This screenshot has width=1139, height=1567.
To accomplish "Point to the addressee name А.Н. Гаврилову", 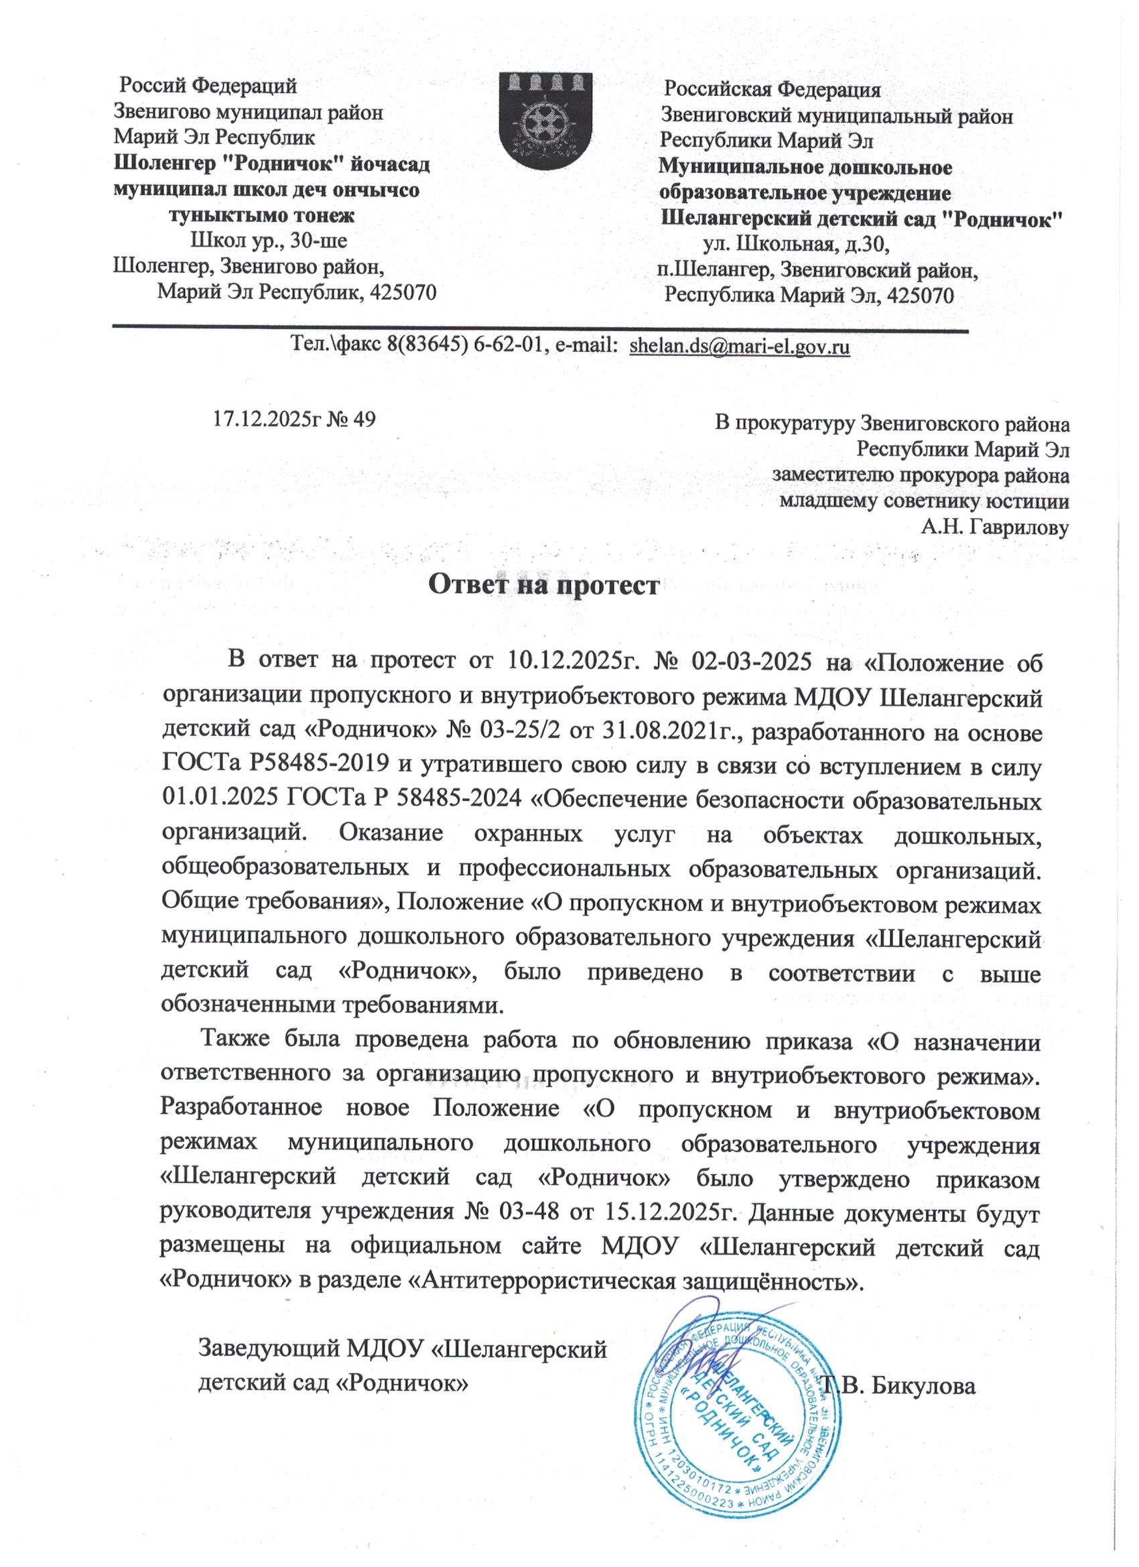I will (x=996, y=528).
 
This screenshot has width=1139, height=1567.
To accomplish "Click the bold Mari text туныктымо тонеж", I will (x=263, y=216).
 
